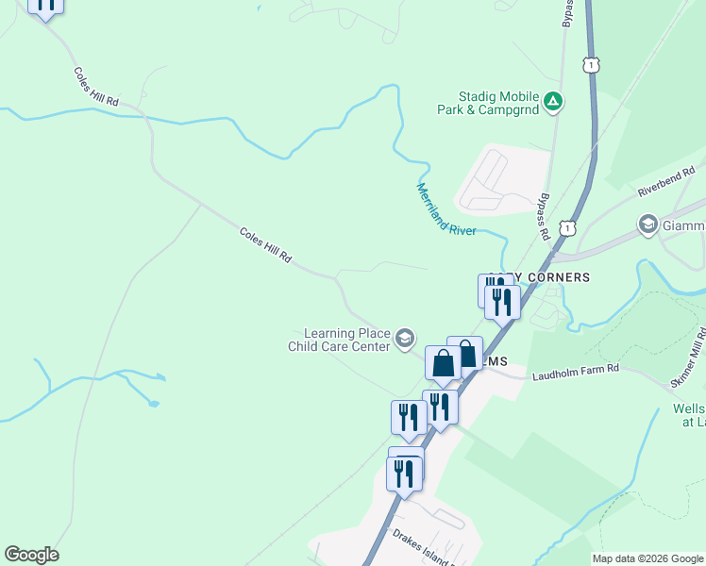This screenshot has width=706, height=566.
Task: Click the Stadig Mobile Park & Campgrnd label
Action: pos(486,103)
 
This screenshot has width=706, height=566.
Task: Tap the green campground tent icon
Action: pos(553,100)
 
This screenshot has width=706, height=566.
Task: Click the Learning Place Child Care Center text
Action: pos(339,340)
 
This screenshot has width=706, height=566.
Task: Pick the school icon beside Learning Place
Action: pos(404,339)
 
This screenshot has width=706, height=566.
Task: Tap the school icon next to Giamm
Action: pos(648,225)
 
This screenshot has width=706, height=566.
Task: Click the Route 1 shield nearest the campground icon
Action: pos(591,64)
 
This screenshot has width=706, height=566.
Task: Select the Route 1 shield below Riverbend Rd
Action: pos(566,228)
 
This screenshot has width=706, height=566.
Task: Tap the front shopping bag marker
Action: pos(443,362)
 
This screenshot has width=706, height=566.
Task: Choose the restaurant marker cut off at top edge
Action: pos(45,5)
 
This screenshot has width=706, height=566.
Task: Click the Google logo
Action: pos(31,555)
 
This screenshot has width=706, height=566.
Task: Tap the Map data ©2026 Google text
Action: pos(648,558)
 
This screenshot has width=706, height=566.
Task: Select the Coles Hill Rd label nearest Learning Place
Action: pos(265,244)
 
